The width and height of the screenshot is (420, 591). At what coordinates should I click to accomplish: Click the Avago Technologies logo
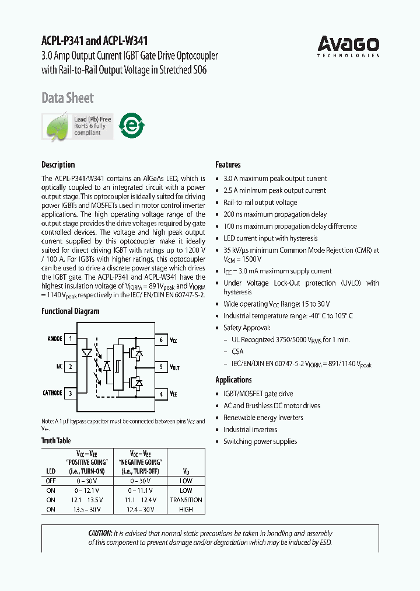click(x=348, y=46)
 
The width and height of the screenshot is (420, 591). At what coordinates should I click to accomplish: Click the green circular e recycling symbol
click(x=132, y=125)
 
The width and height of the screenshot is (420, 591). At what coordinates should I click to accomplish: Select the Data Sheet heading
click(x=68, y=98)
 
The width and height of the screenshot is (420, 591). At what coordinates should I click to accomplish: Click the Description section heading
click(x=58, y=165)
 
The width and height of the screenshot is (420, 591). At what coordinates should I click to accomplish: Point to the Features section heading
click(x=228, y=165)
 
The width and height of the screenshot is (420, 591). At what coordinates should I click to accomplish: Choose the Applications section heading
click(x=233, y=380)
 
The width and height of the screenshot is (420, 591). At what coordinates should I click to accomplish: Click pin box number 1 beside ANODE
click(x=71, y=339)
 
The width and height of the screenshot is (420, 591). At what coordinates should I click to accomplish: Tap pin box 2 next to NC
click(x=71, y=367)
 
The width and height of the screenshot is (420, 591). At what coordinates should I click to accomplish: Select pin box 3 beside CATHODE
click(x=71, y=394)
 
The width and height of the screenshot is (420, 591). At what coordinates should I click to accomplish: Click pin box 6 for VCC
click(x=161, y=339)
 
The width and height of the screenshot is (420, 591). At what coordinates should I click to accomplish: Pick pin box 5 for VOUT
click(x=161, y=367)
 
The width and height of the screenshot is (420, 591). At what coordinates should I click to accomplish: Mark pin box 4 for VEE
click(x=161, y=394)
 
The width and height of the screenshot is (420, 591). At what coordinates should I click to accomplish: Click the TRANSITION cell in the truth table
click(x=185, y=500)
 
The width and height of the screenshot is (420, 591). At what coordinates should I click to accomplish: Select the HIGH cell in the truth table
click(x=185, y=509)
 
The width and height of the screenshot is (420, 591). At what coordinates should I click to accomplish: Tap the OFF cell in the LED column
click(x=51, y=481)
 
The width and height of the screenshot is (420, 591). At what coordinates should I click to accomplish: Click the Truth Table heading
click(x=56, y=441)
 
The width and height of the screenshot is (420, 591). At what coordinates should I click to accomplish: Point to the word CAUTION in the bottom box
click(x=100, y=533)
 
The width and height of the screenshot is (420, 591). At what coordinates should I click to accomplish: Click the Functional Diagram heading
click(x=70, y=311)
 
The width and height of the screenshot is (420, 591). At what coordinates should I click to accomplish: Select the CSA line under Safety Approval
click(x=237, y=352)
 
